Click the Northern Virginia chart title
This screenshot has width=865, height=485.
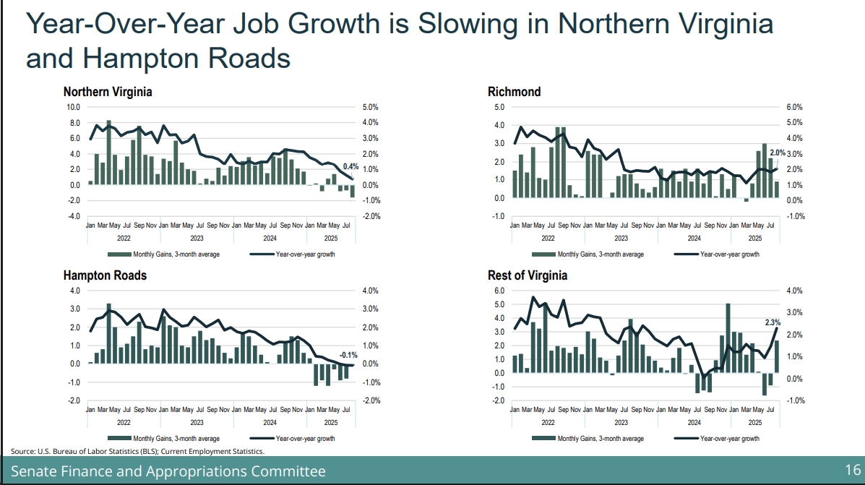(x=108, y=92)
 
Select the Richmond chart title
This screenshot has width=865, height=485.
(x=514, y=92)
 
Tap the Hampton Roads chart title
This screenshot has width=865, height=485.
(x=105, y=275)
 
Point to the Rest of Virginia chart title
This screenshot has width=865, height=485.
(x=528, y=275)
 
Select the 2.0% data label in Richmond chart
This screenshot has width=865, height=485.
(x=778, y=153)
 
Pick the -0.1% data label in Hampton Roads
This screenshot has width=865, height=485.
(x=349, y=355)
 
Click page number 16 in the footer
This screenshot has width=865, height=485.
(x=852, y=471)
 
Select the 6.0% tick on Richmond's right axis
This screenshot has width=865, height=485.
(x=794, y=107)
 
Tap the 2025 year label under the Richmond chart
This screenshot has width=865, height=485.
(x=754, y=238)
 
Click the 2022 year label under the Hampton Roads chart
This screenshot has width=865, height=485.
(x=124, y=421)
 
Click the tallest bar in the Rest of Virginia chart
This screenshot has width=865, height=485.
(x=728, y=338)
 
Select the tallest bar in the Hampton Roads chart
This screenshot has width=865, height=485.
(x=109, y=333)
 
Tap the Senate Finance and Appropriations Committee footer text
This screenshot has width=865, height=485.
(x=168, y=471)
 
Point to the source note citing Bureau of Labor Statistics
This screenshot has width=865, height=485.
(x=137, y=451)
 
